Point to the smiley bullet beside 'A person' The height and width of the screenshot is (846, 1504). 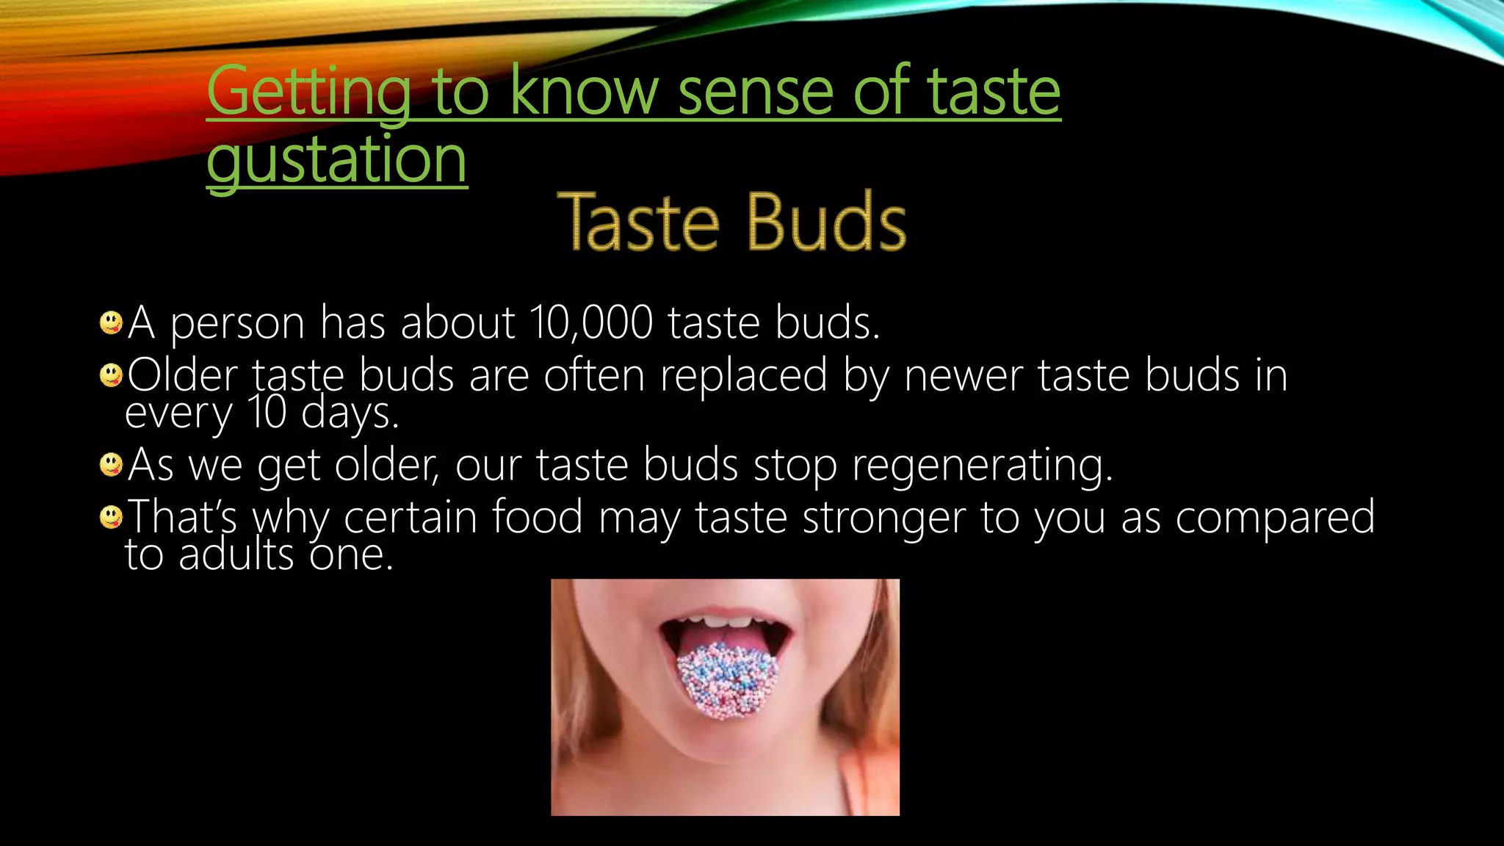click(111, 322)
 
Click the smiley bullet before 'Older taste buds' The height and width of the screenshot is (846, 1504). click(111, 375)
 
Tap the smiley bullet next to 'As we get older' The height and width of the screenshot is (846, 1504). click(111, 465)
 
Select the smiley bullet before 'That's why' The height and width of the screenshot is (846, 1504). click(111, 517)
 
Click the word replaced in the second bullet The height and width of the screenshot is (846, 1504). click(743, 375)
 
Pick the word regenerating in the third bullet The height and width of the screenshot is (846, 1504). click(982, 466)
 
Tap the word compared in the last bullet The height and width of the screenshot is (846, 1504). click(1275, 517)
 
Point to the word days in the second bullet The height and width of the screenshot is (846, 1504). click(350, 413)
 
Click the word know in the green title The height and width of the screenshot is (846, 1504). click(585, 93)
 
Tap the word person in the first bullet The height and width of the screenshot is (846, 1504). click(237, 323)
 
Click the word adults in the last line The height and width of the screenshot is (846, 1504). click(236, 554)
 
